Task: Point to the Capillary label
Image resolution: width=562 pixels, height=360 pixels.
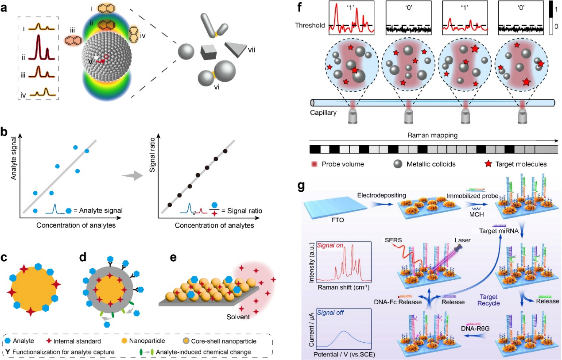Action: coord(322,113)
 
